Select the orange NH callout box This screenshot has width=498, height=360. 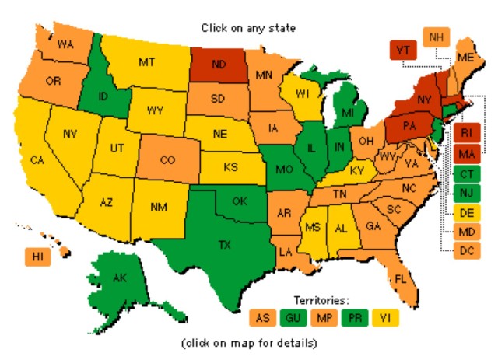pos(437,37)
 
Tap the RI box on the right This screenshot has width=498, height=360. pos(467,132)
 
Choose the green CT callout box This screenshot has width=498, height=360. pos(467,172)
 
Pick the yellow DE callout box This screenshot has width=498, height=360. pos(467,211)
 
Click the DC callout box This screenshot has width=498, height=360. pos(467,250)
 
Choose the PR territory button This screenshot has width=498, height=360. pos(356,316)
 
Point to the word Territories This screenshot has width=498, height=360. pos(321,299)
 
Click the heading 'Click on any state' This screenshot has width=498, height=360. pos(248,28)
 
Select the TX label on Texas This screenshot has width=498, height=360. pos(224,245)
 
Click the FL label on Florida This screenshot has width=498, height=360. pos(400,278)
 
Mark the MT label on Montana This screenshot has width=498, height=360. pos(148,60)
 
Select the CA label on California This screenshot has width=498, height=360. pos(37,160)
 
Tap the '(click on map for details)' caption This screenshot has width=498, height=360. pos(248,343)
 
